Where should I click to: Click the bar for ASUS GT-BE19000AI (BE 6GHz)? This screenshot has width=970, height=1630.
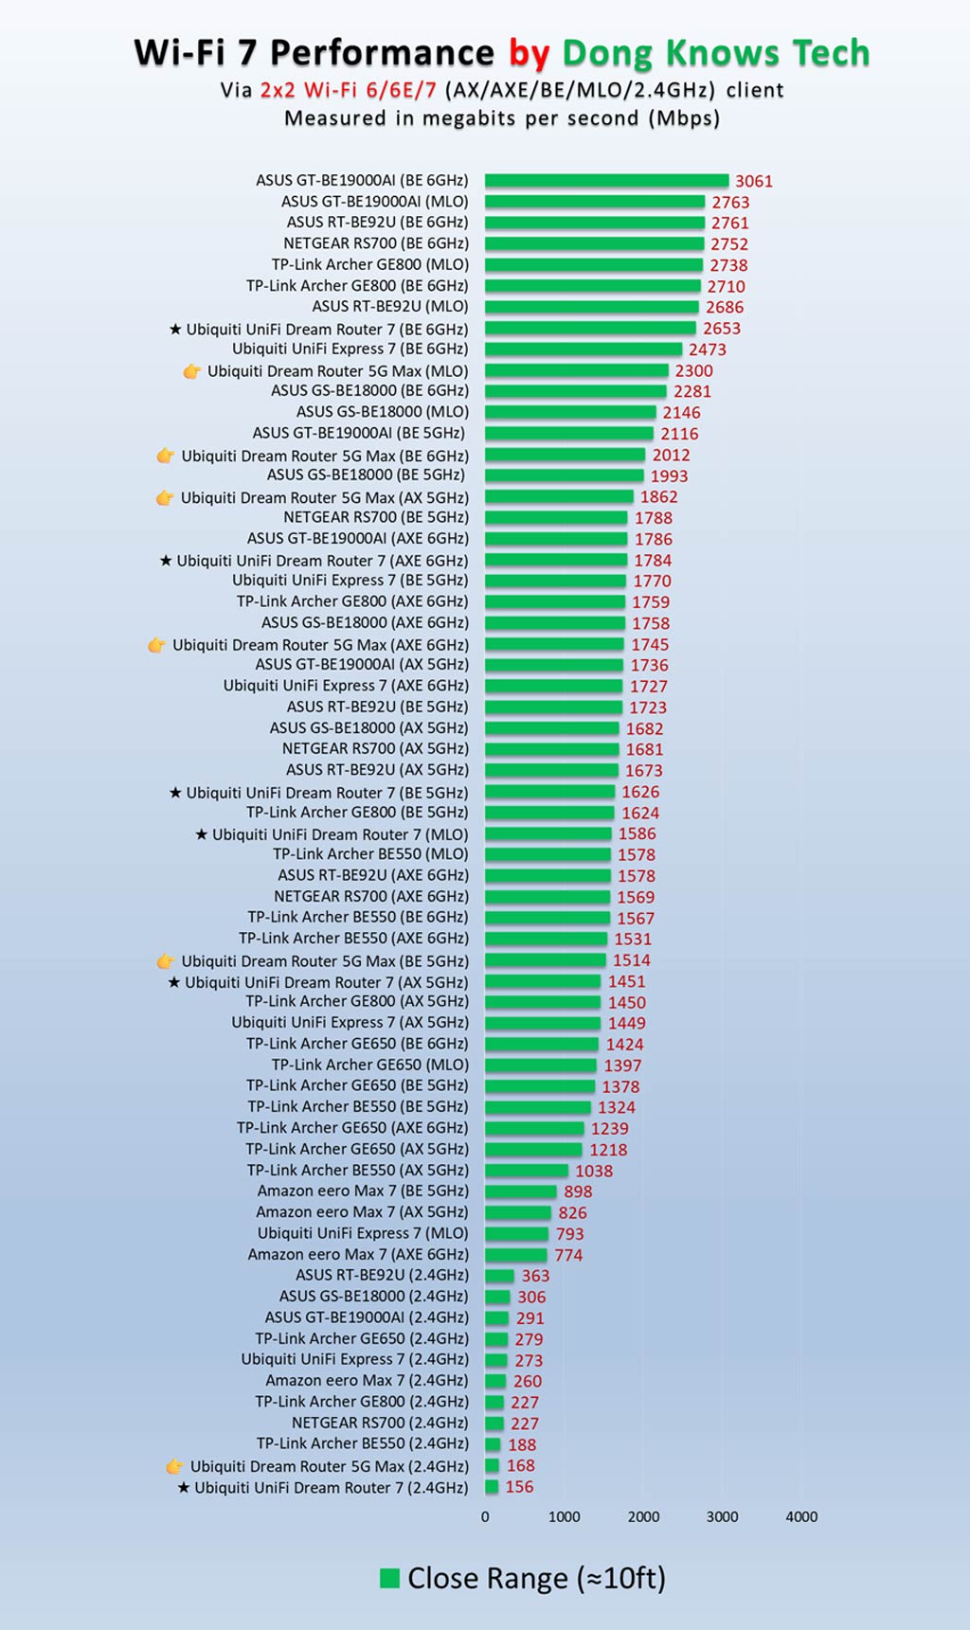pos(606,181)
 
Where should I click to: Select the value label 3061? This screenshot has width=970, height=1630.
pos(754,181)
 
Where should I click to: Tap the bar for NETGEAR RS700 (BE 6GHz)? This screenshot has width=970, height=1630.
pos(594,243)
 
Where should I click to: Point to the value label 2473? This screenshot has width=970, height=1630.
pos(708,349)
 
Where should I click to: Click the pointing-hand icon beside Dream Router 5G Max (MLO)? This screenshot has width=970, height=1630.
pos(191,371)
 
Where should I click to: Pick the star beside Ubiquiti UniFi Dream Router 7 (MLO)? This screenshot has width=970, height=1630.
pos(201,834)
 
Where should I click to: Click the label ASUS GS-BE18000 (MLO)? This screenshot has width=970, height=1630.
pos(383,412)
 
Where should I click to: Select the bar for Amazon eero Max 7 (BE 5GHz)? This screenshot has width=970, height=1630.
pos(520,1191)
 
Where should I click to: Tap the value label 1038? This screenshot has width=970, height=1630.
pos(594,1171)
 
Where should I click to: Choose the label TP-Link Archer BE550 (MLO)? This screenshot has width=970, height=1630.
pos(370,854)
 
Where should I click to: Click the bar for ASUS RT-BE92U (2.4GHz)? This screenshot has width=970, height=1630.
pos(499,1276)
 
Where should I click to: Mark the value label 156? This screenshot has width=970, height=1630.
pos(519,1487)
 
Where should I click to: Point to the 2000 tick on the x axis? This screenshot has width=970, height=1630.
pos(643,1517)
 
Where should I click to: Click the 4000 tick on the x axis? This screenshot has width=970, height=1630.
pos(801,1517)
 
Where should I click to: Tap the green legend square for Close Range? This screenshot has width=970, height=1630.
pos(388,1578)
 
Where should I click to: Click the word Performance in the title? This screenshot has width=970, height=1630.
pos(382,53)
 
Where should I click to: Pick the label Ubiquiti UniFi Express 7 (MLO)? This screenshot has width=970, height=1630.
pos(363,1233)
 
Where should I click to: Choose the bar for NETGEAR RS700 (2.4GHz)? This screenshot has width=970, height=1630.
pos(494,1424)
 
